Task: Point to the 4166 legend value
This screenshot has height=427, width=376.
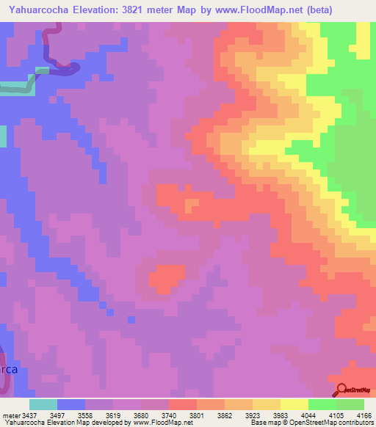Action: pos(364,415)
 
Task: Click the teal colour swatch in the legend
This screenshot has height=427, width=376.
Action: pos(43,404)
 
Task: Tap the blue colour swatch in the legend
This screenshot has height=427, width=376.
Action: pos(70,404)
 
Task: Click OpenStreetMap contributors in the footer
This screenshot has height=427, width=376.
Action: pos(336,423)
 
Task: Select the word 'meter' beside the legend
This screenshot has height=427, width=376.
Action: pos(10,415)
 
